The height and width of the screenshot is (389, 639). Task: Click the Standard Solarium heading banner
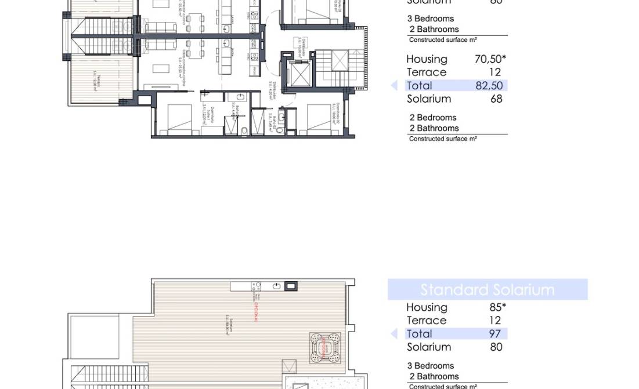(488, 289)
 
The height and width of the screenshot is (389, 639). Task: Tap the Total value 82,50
(489, 86)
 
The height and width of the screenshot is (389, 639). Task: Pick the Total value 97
(495, 334)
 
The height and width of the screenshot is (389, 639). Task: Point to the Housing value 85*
(497, 307)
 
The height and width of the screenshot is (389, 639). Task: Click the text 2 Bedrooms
(433, 118)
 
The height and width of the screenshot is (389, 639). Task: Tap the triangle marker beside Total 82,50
(394, 86)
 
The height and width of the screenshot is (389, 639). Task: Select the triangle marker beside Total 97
(394, 334)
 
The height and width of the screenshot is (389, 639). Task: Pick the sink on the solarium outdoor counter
(277, 286)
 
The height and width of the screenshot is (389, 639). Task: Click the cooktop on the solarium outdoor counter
(256, 286)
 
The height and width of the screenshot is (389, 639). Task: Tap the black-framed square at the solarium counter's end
(291, 286)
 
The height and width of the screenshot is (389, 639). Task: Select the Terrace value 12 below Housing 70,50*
(494, 72)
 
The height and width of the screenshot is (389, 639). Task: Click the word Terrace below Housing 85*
(427, 321)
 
